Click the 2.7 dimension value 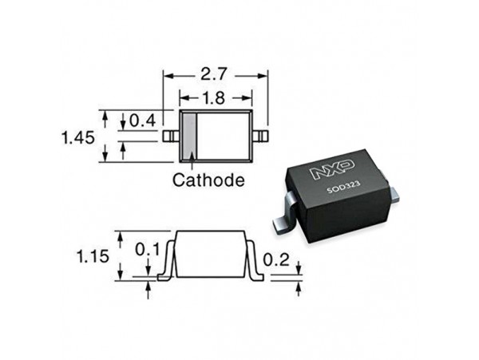pos(215,74)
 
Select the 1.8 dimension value pos(215,98)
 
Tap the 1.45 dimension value pos(78,138)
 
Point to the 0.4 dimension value pos(143,121)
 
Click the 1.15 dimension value pos(93,256)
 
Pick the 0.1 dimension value pos(147,250)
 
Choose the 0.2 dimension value pos(276,260)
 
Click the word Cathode pos(208,180)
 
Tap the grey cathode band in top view pos(189,136)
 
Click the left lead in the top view pos(171,136)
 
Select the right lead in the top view pos(260,136)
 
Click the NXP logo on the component pos(333,168)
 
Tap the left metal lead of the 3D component pos(284,215)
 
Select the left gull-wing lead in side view pos(167,261)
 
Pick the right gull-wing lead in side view pos(254,261)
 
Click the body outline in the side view pos(210,254)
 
